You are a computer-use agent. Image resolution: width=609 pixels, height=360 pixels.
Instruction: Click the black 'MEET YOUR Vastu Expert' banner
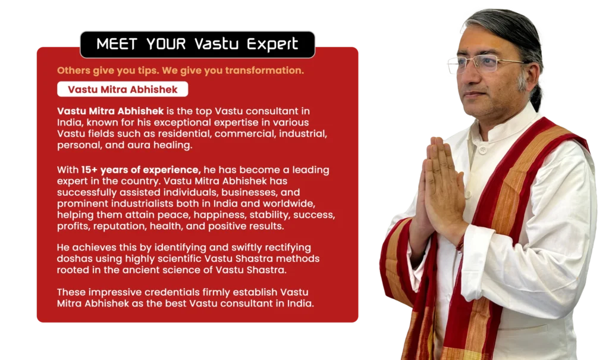point(197,44)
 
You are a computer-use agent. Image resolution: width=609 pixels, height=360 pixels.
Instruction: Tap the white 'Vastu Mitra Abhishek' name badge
point(123,89)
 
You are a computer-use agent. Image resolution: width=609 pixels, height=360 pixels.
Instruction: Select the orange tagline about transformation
point(180,70)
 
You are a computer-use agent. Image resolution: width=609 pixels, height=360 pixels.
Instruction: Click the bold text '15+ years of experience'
point(140,170)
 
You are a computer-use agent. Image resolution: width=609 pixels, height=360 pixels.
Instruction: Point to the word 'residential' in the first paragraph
point(186,134)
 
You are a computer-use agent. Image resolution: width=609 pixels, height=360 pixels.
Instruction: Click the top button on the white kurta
point(482,149)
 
